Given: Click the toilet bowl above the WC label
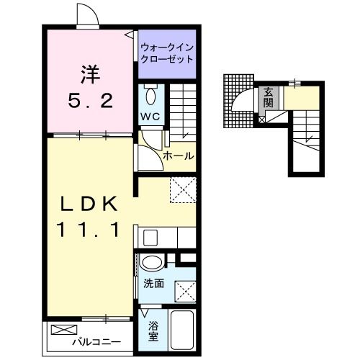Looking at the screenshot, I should coord(150,95).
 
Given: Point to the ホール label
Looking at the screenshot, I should coord(178,155).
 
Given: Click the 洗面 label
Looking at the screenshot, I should coord(152,284).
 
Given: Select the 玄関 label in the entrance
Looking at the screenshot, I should coord(268,97).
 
